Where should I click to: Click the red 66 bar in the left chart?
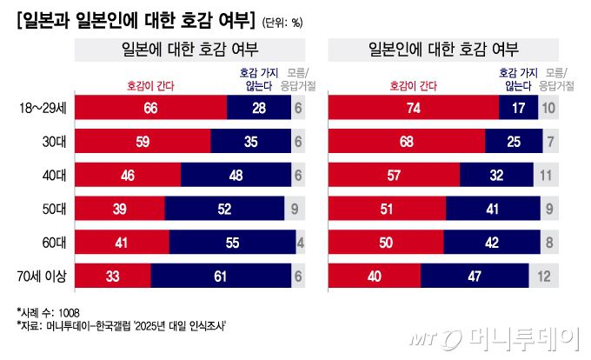152,108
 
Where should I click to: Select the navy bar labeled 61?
221,277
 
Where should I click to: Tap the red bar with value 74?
413,108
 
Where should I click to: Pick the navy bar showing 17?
518,108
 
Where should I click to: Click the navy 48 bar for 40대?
235,175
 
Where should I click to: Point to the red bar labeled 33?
114,277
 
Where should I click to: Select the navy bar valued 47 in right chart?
475,277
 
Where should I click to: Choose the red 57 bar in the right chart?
393,175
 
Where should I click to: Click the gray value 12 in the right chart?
545,277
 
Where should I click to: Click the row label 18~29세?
44,108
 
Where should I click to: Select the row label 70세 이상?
45,277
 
